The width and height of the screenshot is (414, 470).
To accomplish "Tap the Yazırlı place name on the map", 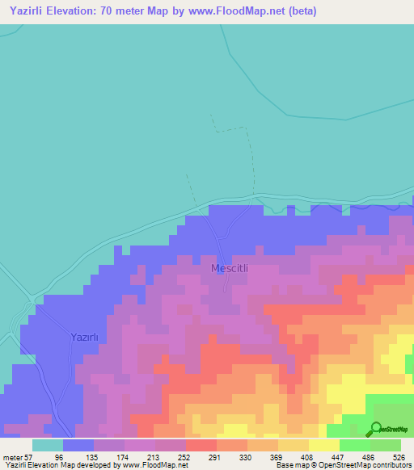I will [84, 338].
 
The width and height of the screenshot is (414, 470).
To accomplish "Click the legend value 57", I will [27, 456].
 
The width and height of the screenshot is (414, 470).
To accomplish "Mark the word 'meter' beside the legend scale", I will [11, 456].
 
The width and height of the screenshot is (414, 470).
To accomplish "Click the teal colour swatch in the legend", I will [47, 445].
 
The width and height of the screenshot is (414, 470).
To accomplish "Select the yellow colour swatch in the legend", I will [323, 445].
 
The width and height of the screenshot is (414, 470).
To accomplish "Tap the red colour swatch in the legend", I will [201, 445].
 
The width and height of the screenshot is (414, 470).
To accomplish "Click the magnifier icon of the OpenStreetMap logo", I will [376, 429].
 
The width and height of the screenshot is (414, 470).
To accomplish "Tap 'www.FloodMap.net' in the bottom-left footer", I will [154, 465].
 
